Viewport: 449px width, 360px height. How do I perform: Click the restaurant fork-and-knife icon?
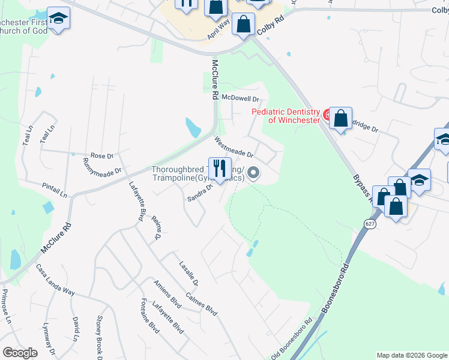(219, 167)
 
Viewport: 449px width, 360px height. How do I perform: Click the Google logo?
(20, 353)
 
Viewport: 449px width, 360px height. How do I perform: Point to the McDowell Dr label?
(240, 98)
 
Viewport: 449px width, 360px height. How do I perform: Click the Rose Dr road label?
(101, 156)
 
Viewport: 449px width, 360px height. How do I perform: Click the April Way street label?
(218, 29)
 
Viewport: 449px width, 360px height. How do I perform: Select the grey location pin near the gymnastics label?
(253, 173)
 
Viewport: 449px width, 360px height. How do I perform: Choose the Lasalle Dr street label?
(189, 273)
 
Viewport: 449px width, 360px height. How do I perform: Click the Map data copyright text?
(412, 355)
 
